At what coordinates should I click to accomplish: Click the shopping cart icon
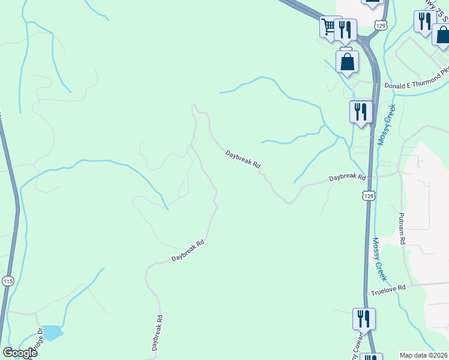pos(328,26)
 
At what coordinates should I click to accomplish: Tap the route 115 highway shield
pos(8,281)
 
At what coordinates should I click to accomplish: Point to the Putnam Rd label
pos(403,226)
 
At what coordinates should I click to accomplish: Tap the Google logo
pos(20,353)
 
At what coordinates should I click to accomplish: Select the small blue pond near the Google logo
pos(52,332)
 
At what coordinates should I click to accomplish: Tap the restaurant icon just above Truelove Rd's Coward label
pos(364,318)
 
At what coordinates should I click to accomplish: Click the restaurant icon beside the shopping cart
pos(345,29)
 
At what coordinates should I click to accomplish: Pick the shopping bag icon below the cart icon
pos(347,61)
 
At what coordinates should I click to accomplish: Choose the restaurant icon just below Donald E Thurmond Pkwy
pos(361,112)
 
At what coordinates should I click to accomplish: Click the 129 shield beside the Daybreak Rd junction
pos(369,196)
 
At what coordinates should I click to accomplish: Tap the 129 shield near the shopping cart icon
pos(380,25)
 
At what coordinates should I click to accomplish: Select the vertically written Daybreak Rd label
pos(156,333)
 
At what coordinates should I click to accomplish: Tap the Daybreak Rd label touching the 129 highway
pos(348,178)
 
